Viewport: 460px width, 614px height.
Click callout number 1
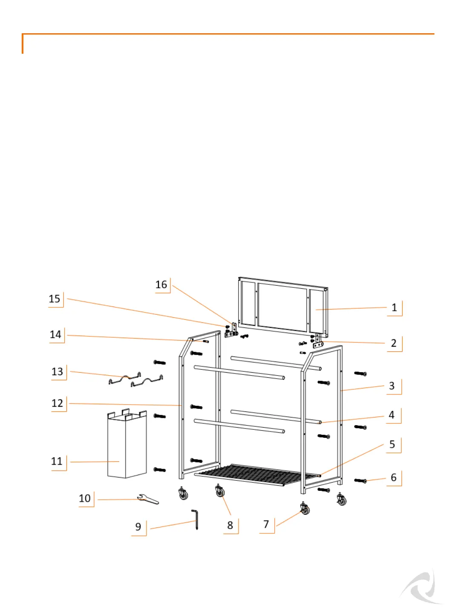394,307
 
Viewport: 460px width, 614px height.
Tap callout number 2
394,343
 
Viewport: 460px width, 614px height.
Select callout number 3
392,386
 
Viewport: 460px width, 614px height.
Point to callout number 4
391,415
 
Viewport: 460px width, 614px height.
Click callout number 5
392,444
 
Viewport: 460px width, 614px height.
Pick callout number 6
394,478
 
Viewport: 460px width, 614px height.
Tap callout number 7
266,524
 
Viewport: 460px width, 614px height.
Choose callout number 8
230,525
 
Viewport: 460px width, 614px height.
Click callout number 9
138,527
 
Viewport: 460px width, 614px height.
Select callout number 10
85,498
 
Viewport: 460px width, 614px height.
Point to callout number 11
57,461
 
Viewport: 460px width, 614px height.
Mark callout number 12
57,403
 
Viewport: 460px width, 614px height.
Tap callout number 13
57,371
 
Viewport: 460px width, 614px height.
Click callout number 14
55,334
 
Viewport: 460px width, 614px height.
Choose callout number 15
55,298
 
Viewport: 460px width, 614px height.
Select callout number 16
161,284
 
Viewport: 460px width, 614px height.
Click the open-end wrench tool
148,499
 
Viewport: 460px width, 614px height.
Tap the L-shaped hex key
196,519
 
